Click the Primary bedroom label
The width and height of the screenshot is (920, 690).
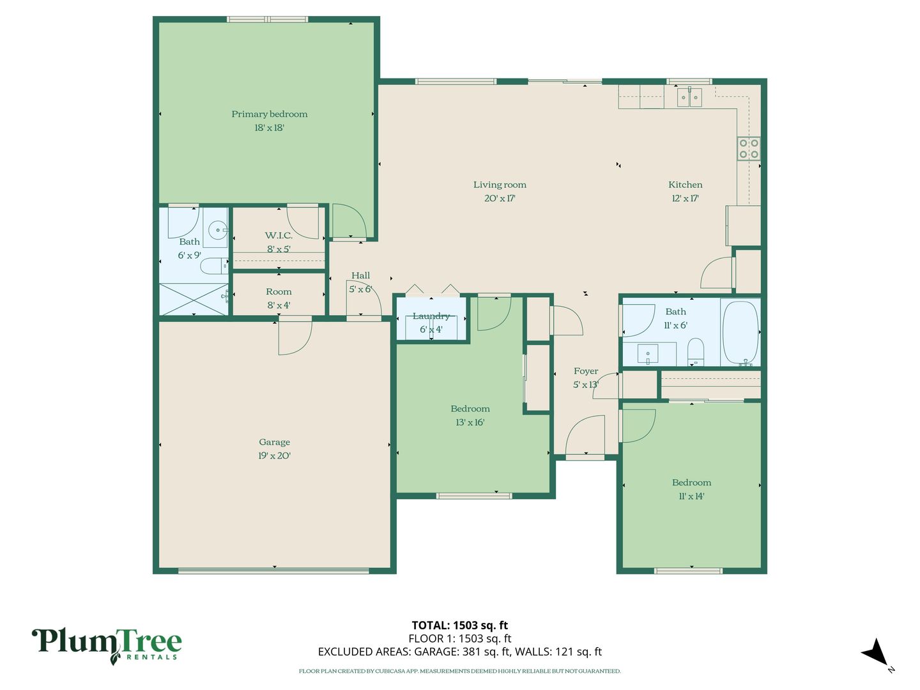[x=269, y=114]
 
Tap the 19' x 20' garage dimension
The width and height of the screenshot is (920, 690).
[x=274, y=456]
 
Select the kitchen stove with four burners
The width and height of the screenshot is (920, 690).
[x=749, y=149]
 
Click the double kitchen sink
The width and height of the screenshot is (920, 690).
[x=689, y=98]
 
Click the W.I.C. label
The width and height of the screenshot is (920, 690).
[x=279, y=236]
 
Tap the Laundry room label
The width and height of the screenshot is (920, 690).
[x=431, y=316]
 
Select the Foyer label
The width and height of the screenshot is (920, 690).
[x=585, y=371]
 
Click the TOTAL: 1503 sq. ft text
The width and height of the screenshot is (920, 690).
[x=460, y=625]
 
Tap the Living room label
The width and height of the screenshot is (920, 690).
[x=500, y=185]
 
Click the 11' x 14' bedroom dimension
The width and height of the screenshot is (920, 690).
[x=691, y=496]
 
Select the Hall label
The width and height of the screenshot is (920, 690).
[x=360, y=275]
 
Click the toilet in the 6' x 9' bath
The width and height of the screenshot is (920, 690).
[x=214, y=266]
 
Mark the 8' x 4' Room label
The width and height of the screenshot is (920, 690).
[x=279, y=291]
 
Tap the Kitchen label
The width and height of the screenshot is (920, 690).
[x=686, y=185]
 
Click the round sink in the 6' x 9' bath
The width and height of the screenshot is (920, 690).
[x=218, y=230]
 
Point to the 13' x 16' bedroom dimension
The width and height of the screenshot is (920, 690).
[x=470, y=422]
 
